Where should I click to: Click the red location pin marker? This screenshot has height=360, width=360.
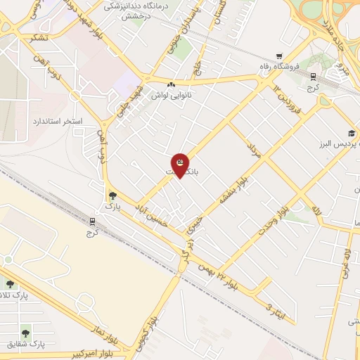(x=180, y=165)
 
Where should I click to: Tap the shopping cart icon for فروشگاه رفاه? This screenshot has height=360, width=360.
(x=280, y=56)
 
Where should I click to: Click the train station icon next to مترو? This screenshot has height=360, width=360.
(x=313, y=77)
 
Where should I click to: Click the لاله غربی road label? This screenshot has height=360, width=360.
(x=347, y=264)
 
